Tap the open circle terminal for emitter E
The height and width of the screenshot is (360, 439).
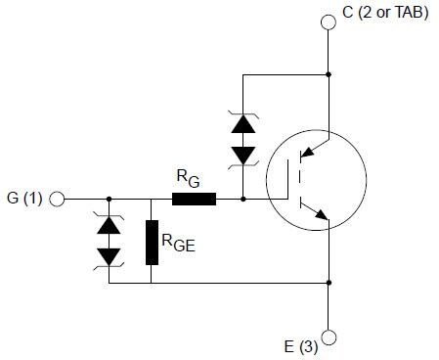click(x=329, y=337)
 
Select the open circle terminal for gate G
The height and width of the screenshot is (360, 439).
click(x=57, y=199)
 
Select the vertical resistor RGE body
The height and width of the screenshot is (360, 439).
click(x=152, y=243)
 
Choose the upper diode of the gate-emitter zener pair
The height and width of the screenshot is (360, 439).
click(x=110, y=225)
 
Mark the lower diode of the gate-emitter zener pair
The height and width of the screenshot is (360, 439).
click(x=110, y=256)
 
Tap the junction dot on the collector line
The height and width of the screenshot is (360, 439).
click(x=329, y=74)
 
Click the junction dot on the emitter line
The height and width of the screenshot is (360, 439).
click(x=329, y=283)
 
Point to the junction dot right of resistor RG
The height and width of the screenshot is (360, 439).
click(x=242, y=199)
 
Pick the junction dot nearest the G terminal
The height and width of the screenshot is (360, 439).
click(x=110, y=199)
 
